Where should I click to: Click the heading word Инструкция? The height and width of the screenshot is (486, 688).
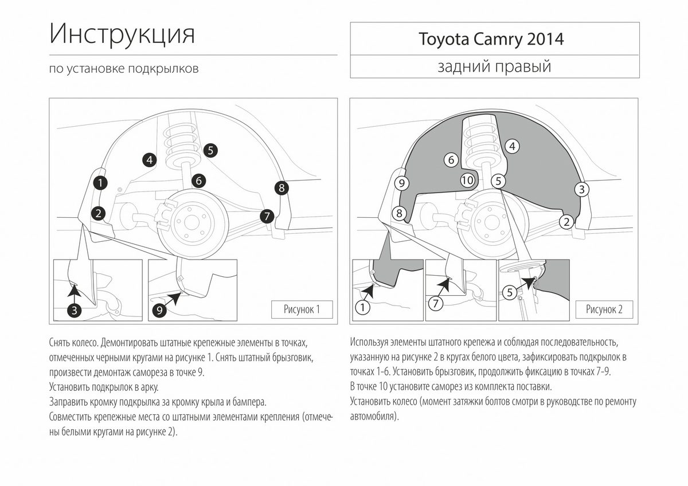122,34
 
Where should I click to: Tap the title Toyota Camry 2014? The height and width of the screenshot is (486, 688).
491,40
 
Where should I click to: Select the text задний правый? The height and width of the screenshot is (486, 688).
494,66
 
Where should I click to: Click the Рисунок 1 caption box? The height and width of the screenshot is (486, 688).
302,309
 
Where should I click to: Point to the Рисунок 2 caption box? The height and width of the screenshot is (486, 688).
604,309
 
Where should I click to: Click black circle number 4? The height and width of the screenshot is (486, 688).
150,160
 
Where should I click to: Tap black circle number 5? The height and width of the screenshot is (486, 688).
210,150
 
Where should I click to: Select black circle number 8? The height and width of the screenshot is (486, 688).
282,188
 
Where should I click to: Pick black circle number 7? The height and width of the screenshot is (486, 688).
267,216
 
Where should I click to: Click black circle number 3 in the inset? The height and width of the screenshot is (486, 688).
75,311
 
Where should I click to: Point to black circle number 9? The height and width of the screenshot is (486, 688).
159,311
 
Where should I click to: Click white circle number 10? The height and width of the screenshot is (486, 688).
467,180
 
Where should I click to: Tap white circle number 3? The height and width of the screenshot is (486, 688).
582,190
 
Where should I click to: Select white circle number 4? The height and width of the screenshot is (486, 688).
513,147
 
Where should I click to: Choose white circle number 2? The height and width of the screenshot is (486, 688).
566,222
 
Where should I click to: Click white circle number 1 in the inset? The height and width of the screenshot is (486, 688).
362,307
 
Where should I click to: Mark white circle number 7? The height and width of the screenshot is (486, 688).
436,304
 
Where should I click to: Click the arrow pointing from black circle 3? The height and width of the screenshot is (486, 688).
75,293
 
